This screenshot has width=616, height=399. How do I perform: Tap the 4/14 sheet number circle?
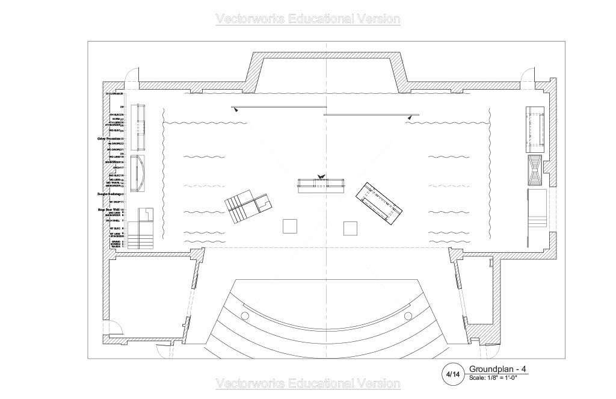(452, 374)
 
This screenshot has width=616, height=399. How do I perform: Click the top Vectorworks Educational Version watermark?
(307, 19)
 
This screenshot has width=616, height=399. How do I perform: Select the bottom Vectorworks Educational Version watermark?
(307, 383)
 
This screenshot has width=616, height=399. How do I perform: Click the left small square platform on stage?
(291, 226)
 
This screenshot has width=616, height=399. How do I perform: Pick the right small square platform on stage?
(350, 228)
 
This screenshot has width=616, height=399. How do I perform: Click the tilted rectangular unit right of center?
(378, 202)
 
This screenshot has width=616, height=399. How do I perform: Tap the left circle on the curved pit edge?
(244, 316)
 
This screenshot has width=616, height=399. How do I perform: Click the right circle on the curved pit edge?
(408, 316)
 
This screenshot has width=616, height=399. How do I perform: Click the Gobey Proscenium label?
(109, 138)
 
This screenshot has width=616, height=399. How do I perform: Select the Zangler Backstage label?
(109, 194)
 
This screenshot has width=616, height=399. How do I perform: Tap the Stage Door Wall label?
(109, 209)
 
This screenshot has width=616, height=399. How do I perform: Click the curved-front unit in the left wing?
(138, 173)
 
